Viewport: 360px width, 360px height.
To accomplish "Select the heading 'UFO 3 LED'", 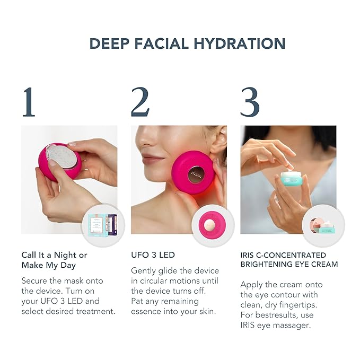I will click(x=153, y=255).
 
